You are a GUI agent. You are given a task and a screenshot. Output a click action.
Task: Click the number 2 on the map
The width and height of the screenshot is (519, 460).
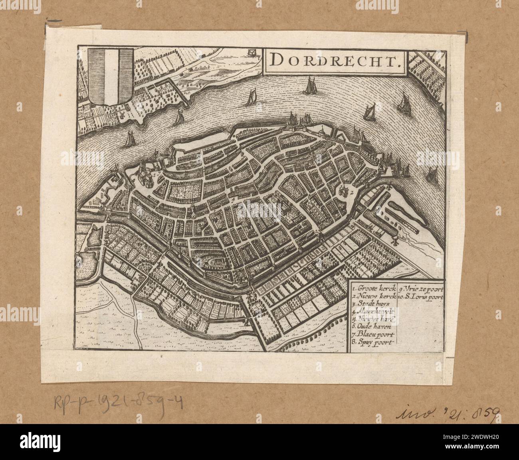pyautogui.click(x=353, y=192)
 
